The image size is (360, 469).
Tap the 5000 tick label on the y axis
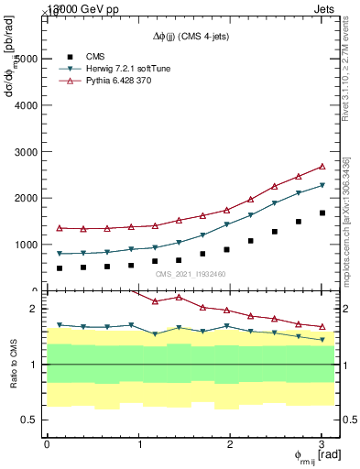click(25, 58)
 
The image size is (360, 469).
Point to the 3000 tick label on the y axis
click(25, 151)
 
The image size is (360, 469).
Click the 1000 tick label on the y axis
click(25, 245)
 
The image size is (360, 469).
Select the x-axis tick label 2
click(230, 443)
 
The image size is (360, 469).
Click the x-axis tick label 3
click(322, 443)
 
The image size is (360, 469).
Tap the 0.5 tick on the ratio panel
click(29, 420)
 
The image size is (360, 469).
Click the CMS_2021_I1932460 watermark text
click(191, 274)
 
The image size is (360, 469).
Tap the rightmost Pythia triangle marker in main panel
click(322, 167)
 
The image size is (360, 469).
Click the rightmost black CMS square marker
click(322, 213)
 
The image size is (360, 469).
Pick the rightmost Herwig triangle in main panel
click(322, 186)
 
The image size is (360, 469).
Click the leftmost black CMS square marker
click(60, 268)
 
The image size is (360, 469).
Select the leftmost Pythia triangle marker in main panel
click(60, 228)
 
